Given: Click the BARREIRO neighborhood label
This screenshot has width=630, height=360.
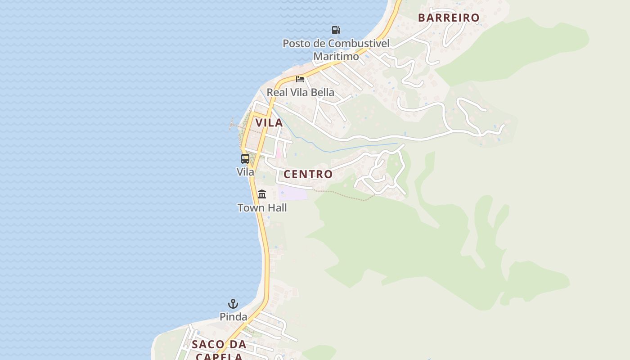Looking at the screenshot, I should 449,18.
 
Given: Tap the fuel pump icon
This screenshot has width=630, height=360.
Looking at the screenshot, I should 336,30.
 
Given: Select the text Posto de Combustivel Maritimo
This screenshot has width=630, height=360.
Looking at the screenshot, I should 336,50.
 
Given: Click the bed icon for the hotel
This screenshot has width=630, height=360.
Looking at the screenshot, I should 300,79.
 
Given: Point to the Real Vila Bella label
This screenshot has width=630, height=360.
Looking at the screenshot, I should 300,92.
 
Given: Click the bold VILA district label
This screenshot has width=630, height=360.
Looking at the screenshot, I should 269,123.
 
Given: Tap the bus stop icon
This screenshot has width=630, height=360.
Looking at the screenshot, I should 245,158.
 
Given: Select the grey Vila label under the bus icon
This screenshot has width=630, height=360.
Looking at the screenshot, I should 245,172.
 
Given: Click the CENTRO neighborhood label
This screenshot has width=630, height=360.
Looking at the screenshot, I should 308,174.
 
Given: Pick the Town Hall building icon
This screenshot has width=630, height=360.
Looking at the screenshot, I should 262,194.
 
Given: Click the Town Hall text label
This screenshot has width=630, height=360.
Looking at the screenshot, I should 262,208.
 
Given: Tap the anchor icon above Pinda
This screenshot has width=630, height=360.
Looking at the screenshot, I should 233,304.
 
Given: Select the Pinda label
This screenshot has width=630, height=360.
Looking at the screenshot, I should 233,317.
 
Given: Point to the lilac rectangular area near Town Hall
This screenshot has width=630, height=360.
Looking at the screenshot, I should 292,193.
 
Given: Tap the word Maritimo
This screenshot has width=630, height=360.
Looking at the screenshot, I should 336,57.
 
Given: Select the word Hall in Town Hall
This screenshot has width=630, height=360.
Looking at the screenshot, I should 277,208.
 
